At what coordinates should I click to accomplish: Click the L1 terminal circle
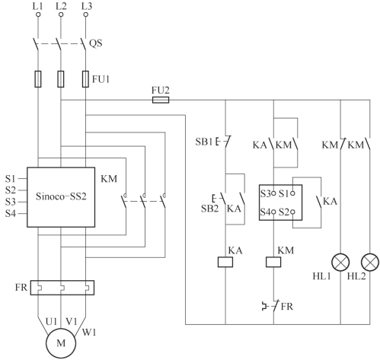38,14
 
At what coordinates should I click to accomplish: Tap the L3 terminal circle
86,14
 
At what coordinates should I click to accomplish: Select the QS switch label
96,43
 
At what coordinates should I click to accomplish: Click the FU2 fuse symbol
161,100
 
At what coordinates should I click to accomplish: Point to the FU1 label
101,79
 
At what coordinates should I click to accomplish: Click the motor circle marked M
61,343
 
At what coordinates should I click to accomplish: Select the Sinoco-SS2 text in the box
61,196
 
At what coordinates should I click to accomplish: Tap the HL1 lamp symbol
340,262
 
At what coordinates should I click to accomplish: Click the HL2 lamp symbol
370,262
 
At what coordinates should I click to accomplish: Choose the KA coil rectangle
225,262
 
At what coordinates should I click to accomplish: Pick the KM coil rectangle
273,262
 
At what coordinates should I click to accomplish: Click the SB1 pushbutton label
203,142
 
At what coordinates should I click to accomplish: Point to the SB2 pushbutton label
209,209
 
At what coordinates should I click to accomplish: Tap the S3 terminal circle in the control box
273,193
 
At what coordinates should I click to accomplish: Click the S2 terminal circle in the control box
292,212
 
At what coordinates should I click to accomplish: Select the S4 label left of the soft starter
11,214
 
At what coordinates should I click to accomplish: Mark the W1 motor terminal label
89,332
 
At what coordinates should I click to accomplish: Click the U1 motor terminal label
51,322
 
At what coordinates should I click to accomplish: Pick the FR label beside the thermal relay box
21,288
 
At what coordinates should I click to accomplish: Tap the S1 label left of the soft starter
10,179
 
